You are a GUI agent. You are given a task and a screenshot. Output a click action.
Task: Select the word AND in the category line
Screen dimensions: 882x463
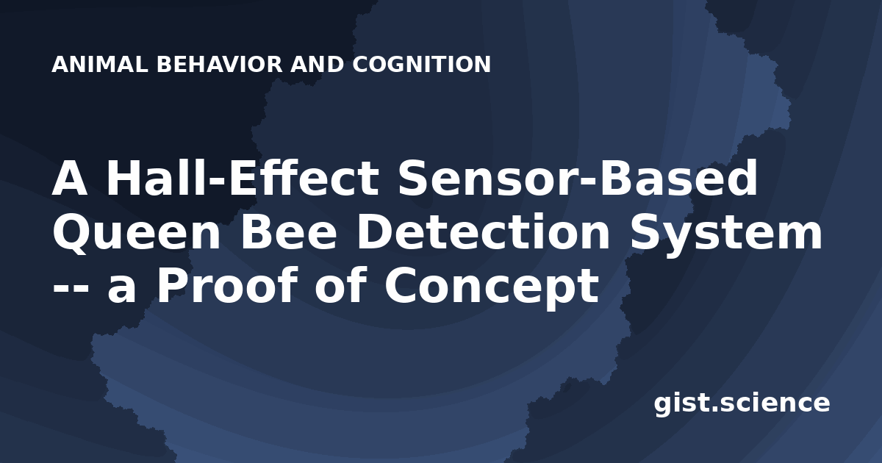(x=317, y=64)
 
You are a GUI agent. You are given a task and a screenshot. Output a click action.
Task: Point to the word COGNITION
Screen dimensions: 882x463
(x=421, y=64)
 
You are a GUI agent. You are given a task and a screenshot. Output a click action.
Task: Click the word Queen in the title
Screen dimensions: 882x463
(x=136, y=233)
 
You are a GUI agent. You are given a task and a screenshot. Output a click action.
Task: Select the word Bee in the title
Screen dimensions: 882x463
(x=289, y=232)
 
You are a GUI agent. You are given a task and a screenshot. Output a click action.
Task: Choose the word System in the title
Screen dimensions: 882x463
(x=725, y=234)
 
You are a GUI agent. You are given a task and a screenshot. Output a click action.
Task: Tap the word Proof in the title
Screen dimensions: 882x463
(x=227, y=284)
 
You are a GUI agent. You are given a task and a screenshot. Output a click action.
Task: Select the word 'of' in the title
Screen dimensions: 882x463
(x=341, y=284)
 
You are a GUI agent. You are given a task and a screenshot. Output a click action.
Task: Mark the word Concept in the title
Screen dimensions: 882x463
(x=492, y=286)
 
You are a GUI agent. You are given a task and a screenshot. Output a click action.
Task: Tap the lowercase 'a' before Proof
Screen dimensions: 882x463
(x=122, y=290)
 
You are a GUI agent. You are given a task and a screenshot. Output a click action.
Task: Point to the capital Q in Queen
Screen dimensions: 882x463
(x=71, y=233)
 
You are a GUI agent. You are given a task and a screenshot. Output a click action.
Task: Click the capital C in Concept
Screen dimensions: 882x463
(x=401, y=285)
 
